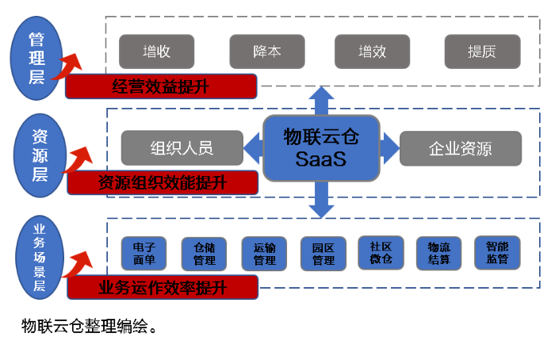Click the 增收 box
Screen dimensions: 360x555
click(x=156, y=52)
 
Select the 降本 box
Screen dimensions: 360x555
click(x=266, y=52)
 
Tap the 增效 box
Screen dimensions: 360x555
click(x=371, y=52)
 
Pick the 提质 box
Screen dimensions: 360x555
click(x=482, y=52)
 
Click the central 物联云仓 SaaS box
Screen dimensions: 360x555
click(x=321, y=147)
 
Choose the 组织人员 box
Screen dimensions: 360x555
click(x=182, y=148)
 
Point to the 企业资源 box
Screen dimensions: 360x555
click(x=461, y=148)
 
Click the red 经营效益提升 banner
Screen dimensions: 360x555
click(x=161, y=86)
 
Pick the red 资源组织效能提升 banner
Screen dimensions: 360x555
click(x=163, y=182)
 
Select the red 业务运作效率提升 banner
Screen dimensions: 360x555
click(x=163, y=287)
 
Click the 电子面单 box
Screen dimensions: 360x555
click(x=144, y=253)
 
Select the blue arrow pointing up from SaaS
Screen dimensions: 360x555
click(x=322, y=101)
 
